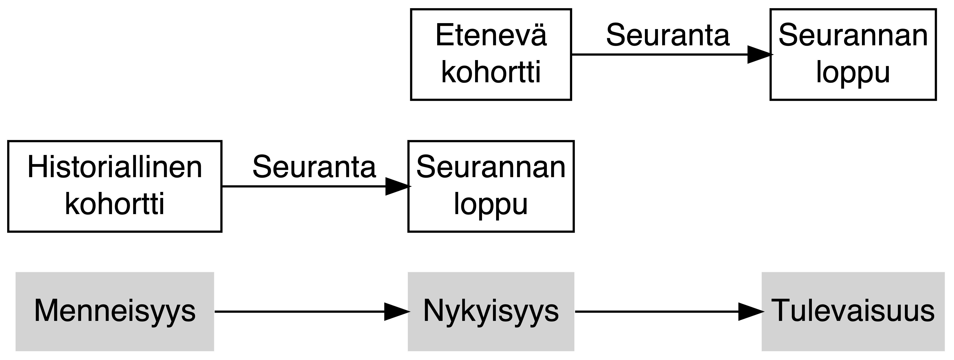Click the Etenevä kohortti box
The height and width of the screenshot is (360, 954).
[x=491, y=54]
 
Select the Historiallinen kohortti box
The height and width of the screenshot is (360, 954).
[x=114, y=186]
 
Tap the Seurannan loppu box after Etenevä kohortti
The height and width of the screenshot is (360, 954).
[x=853, y=54]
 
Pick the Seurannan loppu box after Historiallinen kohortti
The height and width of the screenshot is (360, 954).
[x=491, y=186]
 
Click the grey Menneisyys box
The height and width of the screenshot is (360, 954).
[x=114, y=311]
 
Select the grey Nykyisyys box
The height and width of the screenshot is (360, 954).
[x=491, y=311]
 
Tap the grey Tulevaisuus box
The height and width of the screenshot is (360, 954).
[x=853, y=311]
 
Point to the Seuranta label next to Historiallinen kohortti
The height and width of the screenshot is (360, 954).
[x=314, y=167]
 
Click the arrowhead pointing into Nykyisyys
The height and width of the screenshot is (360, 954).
[x=396, y=311]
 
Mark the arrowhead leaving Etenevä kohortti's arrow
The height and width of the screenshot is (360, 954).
[x=759, y=54]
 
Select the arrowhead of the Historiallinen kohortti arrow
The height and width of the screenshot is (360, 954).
[x=397, y=186]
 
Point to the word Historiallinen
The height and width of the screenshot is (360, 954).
[x=114, y=167]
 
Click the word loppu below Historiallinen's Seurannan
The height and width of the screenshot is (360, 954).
[x=491, y=205]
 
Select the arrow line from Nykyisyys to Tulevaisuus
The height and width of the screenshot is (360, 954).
[x=655, y=311]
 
